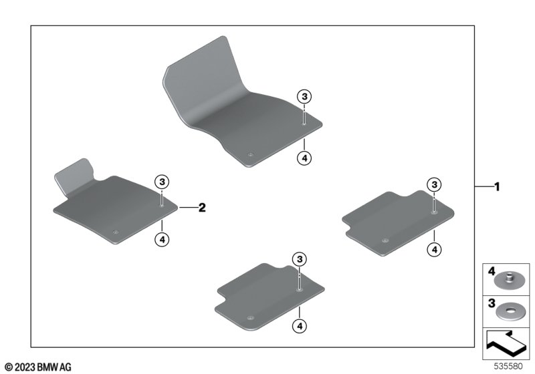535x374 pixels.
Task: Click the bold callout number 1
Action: tap(497, 186)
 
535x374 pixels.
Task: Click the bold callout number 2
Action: tap(202, 207)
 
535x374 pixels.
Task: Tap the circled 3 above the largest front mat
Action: tap(304, 97)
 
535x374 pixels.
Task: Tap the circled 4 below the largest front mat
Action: tap(304, 158)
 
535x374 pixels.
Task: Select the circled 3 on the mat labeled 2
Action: tap(162, 182)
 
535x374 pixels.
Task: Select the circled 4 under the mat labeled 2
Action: tap(162, 240)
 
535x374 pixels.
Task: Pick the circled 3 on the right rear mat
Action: tap(434, 184)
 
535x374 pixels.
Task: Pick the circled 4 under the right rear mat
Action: tap(434, 250)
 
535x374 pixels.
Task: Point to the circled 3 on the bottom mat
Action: tap(300, 259)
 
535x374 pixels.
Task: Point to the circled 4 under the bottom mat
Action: tap(300, 326)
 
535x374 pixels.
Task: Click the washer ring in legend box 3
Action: tap(510, 311)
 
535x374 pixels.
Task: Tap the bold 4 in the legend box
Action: tap(492, 271)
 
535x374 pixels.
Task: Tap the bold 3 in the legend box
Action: tap(492, 303)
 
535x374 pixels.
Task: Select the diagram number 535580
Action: tap(508, 367)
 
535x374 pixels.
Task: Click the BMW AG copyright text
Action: tap(39, 367)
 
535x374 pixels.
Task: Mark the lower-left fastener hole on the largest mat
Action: tap(250, 155)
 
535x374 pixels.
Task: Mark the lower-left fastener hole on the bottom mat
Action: tap(250, 318)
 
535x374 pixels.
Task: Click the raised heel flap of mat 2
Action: tap(75, 176)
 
